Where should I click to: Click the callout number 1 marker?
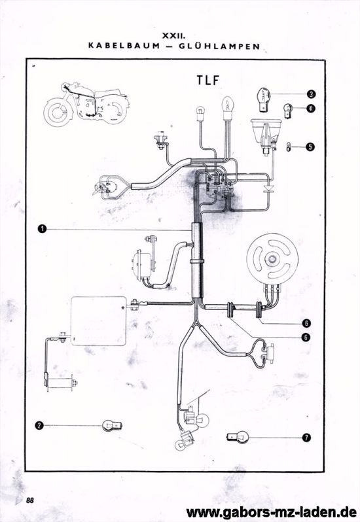[x=42, y=229]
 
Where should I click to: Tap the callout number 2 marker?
[x=39, y=425]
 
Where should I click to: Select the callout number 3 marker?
[x=311, y=94]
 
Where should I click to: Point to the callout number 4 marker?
[x=311, y=108]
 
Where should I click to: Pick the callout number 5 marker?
[x=310, y=147]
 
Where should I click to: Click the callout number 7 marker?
[x=306, y=437]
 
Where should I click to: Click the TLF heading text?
[x=207, y=80]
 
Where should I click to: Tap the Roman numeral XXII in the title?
[x=173, y=35]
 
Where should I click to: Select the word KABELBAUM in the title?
[x=124, y=46]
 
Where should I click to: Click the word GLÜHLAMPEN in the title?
[x=219, y=46]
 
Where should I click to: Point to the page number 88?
[x=29, y=500]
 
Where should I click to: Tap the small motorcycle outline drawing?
[x=86, y=103]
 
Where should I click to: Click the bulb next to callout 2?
[x=112, y=425]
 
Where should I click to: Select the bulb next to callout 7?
[x=238, y=436]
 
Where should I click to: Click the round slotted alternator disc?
[x=272, y=259]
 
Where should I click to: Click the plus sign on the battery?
[x=123, y=307]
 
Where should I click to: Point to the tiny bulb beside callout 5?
[x=289, y=147]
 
